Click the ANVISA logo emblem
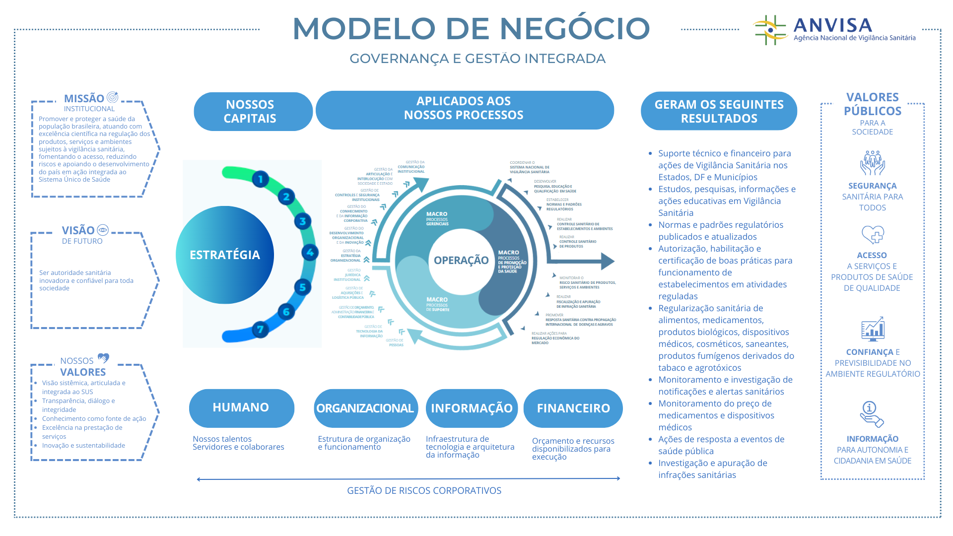coord(770,30)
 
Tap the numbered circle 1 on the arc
coord(261,179)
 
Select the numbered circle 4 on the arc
coord(310,253)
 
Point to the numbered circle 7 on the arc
coord(260,330)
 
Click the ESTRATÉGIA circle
coord(225,255)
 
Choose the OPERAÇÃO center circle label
coord(461,260)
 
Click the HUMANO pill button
coord(241,408)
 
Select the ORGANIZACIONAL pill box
coord(365,408)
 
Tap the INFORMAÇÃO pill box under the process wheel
coord(472,408)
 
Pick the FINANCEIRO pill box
coord(573,408)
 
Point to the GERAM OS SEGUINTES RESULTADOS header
coord(719,111)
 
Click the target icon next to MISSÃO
coord(113,97)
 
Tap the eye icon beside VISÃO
coord(103,230)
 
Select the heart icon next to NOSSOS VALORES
coord(103,358)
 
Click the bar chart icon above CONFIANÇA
coord(873,329)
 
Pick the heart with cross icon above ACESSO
coord(873,235)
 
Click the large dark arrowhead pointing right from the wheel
coord(608,261)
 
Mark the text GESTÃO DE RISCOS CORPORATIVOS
coord(424,491)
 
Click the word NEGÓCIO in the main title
coord(574,28)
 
